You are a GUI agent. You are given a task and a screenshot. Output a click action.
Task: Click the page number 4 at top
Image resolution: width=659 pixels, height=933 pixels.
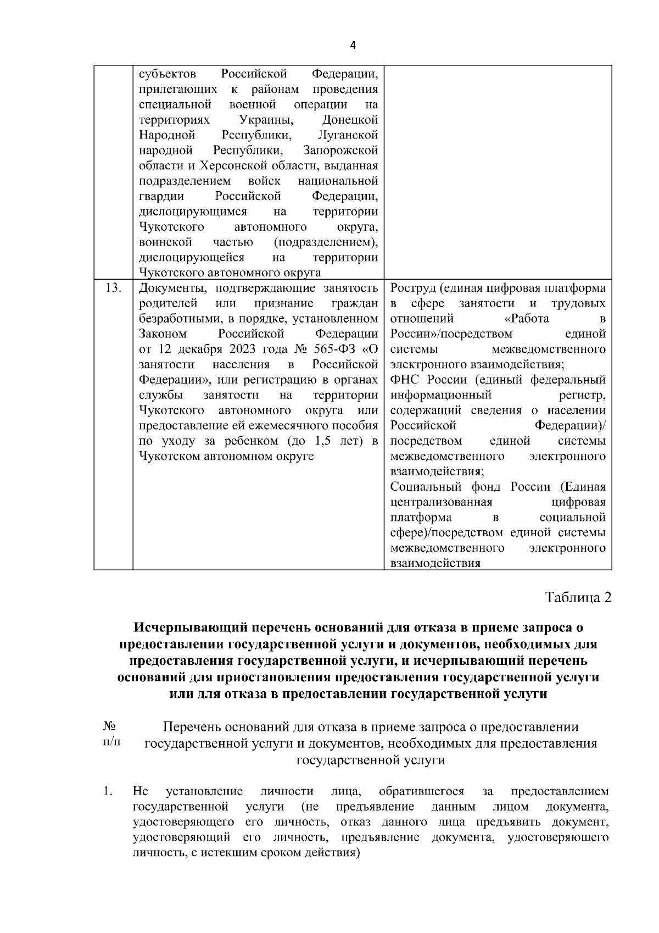point(352,46)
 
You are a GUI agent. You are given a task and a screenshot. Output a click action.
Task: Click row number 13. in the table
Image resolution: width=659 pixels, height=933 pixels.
point(113,288)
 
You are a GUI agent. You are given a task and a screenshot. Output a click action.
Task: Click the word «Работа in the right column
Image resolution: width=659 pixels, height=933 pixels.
point(526,319)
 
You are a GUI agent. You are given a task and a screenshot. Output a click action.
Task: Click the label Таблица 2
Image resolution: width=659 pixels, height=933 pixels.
point(578,597)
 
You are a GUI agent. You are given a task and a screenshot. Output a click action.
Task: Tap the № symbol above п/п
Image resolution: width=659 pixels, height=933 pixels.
point(109,726)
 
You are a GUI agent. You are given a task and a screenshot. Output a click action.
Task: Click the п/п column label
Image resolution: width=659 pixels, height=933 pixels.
point(111,742)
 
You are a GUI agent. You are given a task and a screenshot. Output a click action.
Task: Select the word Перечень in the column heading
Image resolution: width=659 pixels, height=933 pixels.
point(191,727)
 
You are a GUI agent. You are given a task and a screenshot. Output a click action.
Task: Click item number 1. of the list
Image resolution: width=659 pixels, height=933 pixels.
point(108,792)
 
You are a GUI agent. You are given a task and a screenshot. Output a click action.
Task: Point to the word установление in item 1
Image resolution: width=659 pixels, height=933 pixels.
point(204,792)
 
